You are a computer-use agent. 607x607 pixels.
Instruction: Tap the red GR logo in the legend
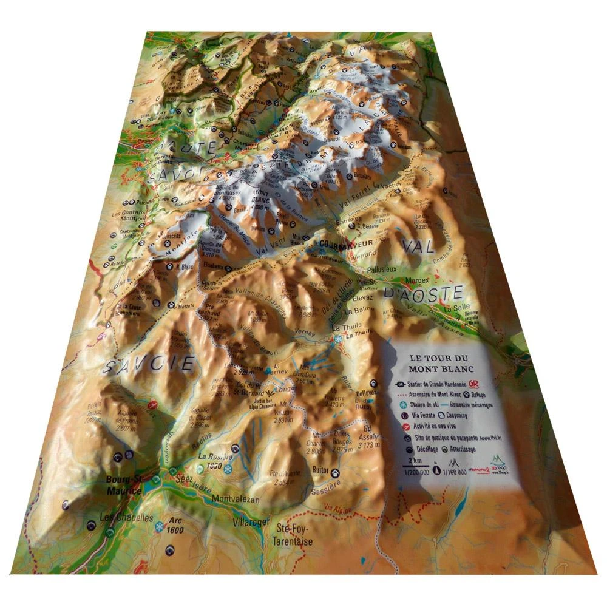[x=483, y=383]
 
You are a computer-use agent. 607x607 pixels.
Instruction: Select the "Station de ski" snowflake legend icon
[x=402, y=405]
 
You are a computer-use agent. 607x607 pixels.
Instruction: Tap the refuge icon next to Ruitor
[x=335, y=472]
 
